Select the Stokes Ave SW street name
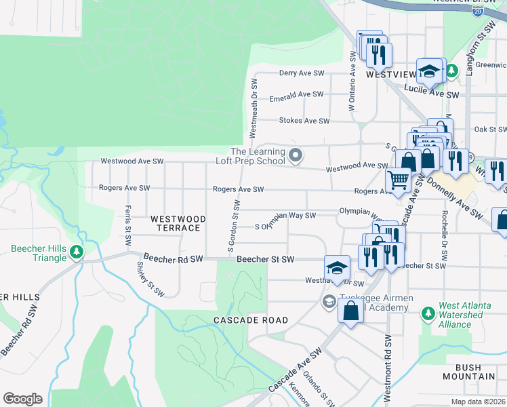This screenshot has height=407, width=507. coord(304,121)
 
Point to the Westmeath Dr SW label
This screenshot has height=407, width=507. coord(254,107)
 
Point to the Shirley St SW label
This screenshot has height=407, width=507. coord(150,278)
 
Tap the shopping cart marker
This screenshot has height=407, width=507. coord(397,180)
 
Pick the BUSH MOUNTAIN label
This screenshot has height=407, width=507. coord(471,372)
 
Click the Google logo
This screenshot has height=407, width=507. coord(22,399)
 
